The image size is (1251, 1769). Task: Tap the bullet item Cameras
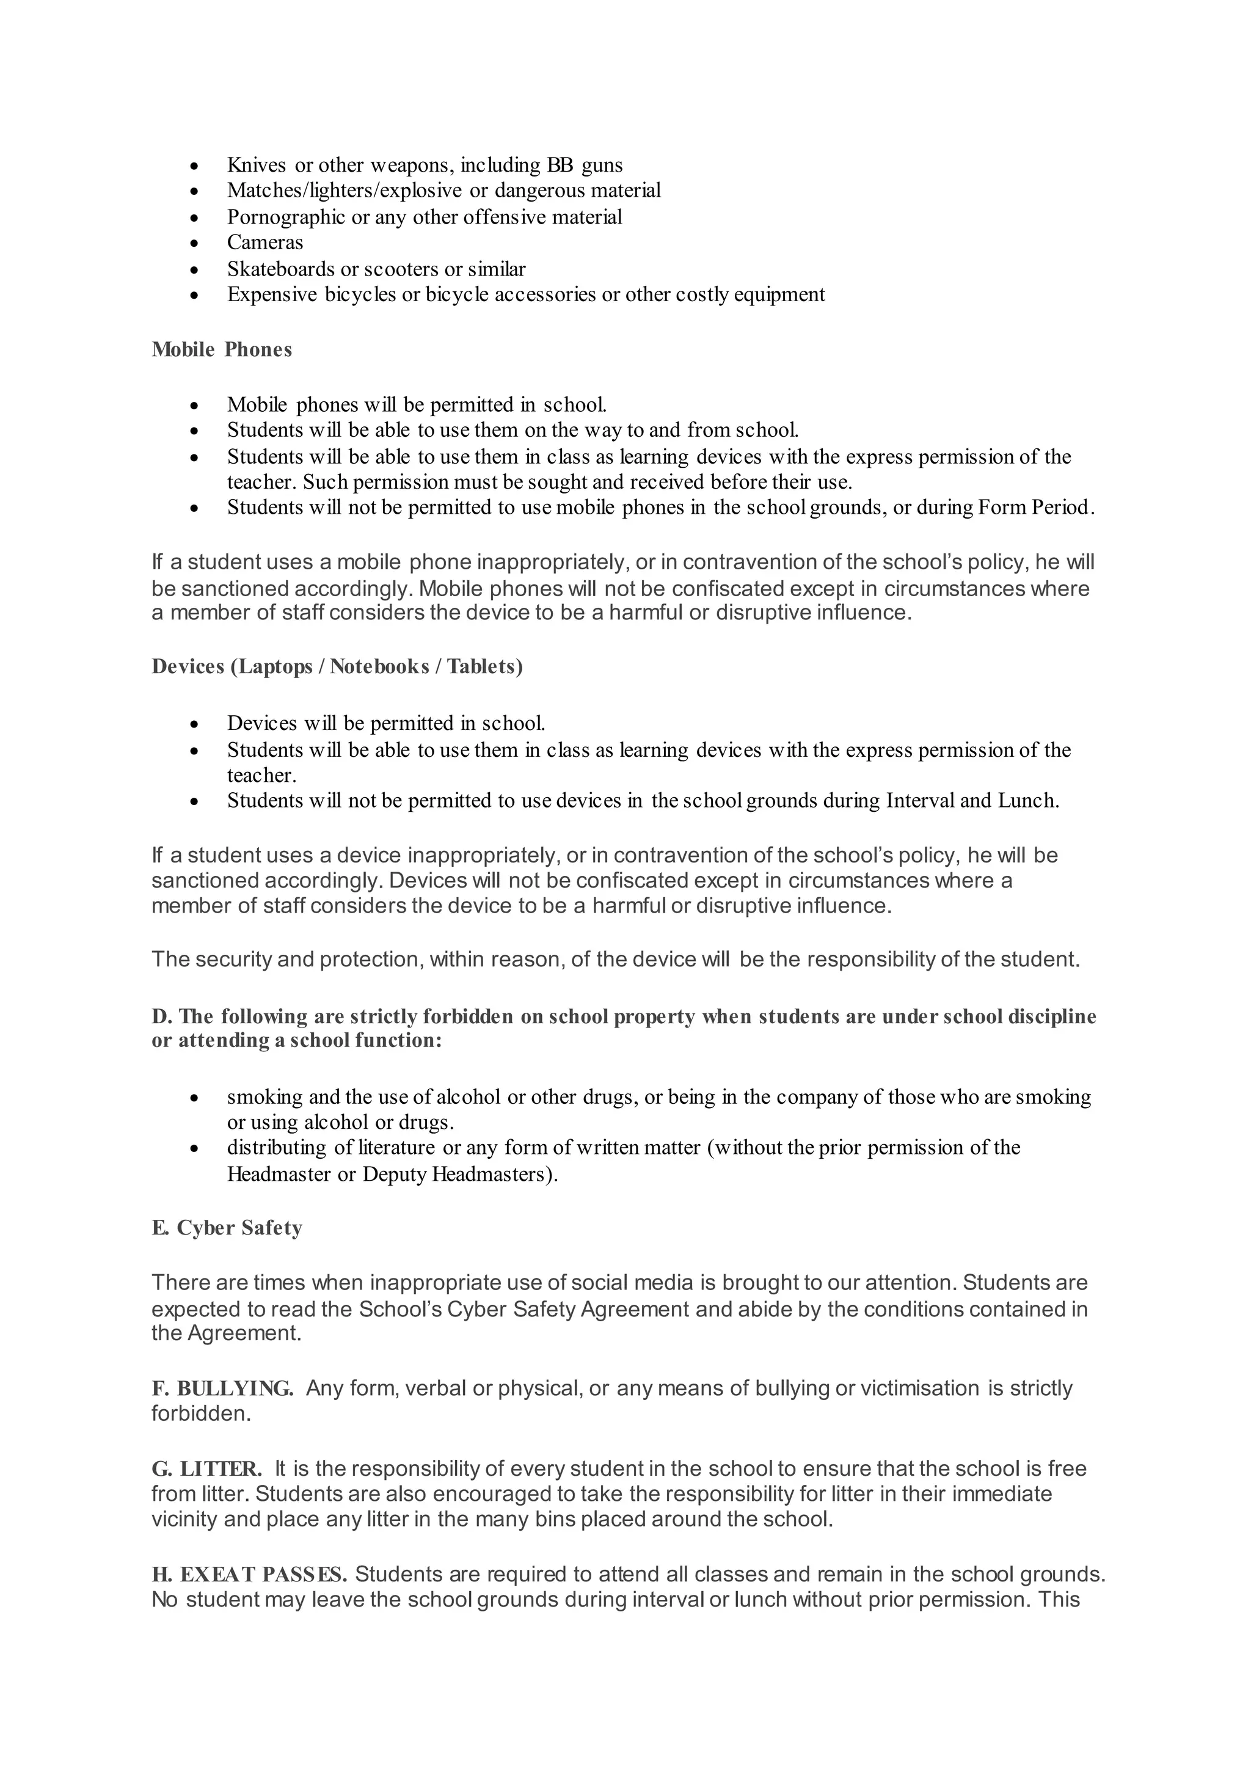point(265,243)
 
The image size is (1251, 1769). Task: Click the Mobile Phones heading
point(222,350)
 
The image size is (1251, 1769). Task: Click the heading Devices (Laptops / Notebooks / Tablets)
point(337,666)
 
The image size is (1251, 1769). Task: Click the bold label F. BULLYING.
point(222,1388)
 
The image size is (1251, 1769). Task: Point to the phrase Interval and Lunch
point(971,801)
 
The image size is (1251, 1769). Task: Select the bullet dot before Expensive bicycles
point(195,295)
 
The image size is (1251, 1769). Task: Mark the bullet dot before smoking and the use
point(195,1098)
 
